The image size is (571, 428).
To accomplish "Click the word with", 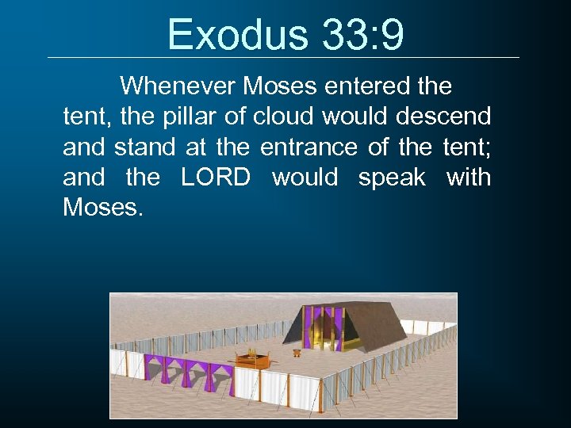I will [469, 178].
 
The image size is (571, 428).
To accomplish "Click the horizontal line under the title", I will [283, 57].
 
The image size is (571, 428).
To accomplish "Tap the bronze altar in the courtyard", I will [251, 360].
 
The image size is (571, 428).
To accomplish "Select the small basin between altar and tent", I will [296, 352].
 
